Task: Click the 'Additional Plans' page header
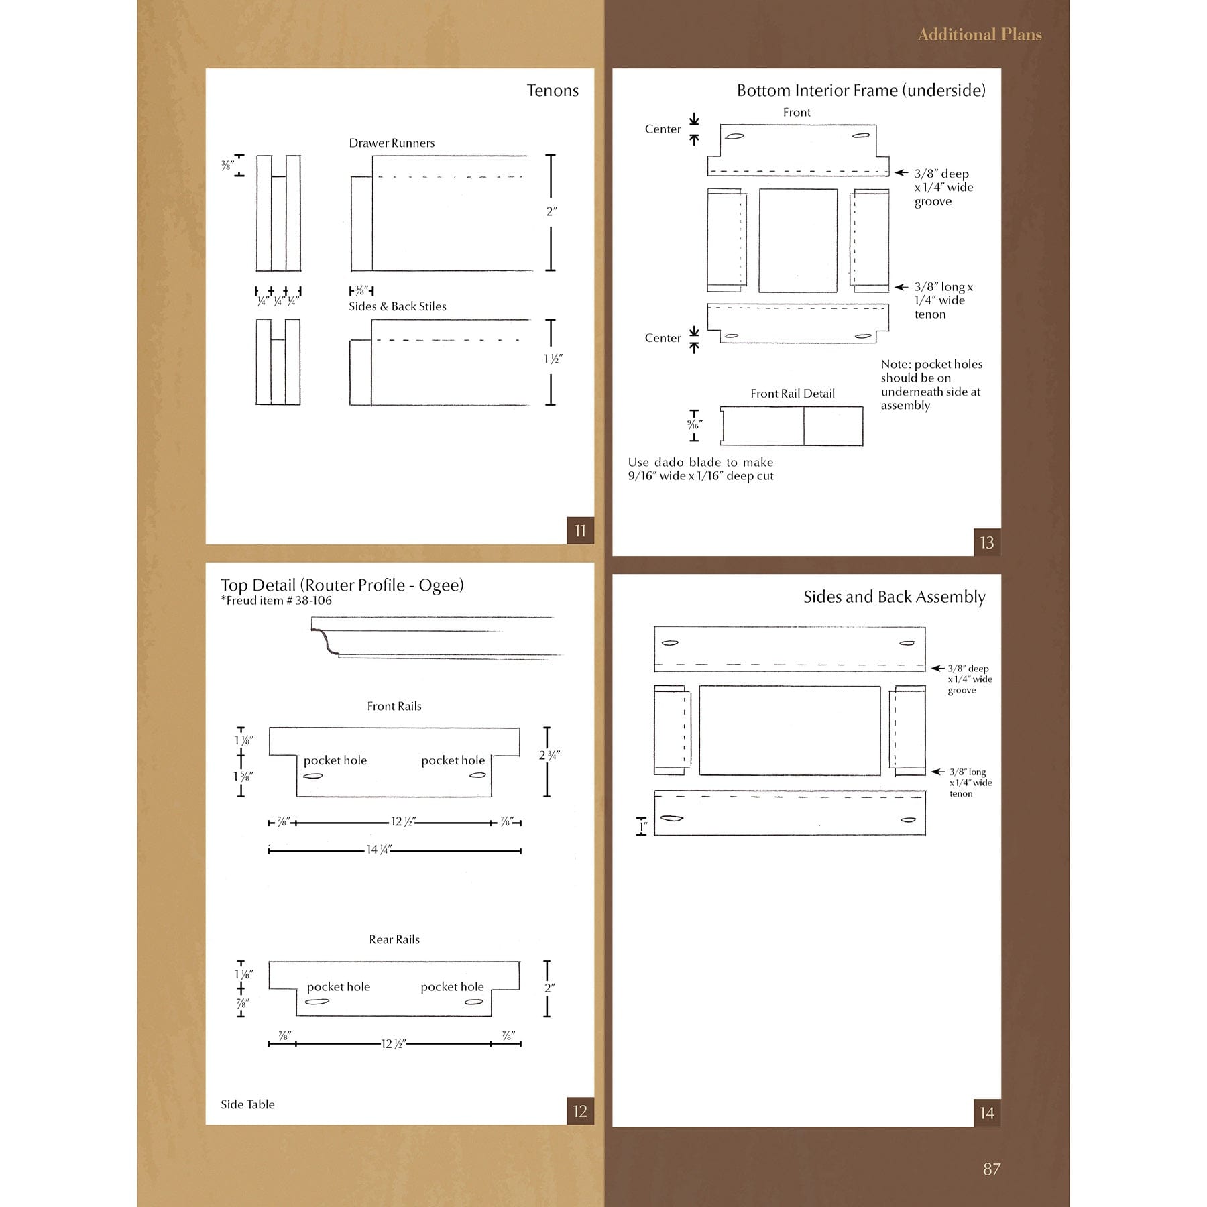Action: (979, 35)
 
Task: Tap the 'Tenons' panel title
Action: (552, 91)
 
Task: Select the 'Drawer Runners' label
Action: (392, 143)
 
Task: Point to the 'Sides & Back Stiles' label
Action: (397, 306)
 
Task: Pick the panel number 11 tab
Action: (580, 531)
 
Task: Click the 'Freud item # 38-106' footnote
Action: (276, 601)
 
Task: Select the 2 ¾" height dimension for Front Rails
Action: (549, 755)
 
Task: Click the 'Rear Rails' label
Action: (394, 939)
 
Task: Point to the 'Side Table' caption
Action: (247, 1104)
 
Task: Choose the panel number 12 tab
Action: (580, 1112)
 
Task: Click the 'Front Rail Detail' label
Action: (793, 394)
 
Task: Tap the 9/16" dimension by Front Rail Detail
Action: (694, 425)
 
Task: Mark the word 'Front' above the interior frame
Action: (797, 113)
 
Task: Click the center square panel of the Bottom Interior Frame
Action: (798, 241)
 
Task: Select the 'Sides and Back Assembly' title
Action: (894, 597)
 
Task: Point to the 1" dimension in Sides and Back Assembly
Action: (642, 827)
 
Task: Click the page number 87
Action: (991, 1169)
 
